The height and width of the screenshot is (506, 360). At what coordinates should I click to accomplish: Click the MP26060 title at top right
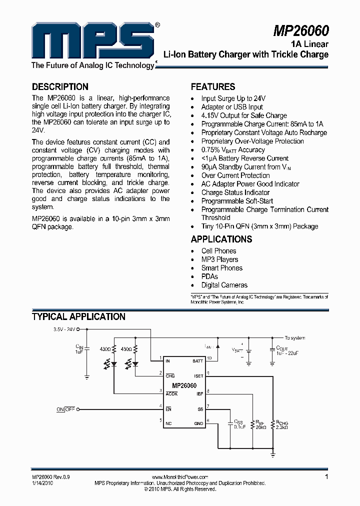[300, 31]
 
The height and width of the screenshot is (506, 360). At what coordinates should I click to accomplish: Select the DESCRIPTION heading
[60, 86]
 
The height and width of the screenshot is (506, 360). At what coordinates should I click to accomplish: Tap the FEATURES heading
[213, 86]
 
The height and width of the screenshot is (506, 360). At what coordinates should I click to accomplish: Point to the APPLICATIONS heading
[221, 239]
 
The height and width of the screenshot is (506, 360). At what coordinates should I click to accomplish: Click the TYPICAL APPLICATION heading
[78, 316]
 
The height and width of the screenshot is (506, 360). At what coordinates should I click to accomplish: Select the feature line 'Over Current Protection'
[235, 175]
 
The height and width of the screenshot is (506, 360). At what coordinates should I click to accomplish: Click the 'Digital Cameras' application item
[224, 285]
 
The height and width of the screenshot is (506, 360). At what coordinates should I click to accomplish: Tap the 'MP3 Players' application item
[219, 259]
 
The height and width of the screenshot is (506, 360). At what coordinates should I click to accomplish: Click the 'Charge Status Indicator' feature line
[235, 192]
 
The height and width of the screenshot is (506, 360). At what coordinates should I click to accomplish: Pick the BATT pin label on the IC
[197, 360]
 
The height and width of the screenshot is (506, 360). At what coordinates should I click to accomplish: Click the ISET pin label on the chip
[198, 375]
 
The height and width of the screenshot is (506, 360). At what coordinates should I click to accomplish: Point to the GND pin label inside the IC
[198, 423]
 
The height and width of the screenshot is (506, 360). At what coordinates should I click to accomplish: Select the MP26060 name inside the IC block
[184, 385]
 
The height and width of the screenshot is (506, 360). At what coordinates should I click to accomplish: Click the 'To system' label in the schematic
[294, 338]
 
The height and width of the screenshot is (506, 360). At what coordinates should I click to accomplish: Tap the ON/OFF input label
[65, 409]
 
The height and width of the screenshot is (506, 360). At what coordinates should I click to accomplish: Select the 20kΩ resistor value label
[261, 427]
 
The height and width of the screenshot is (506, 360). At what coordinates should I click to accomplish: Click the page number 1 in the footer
[326, 477]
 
